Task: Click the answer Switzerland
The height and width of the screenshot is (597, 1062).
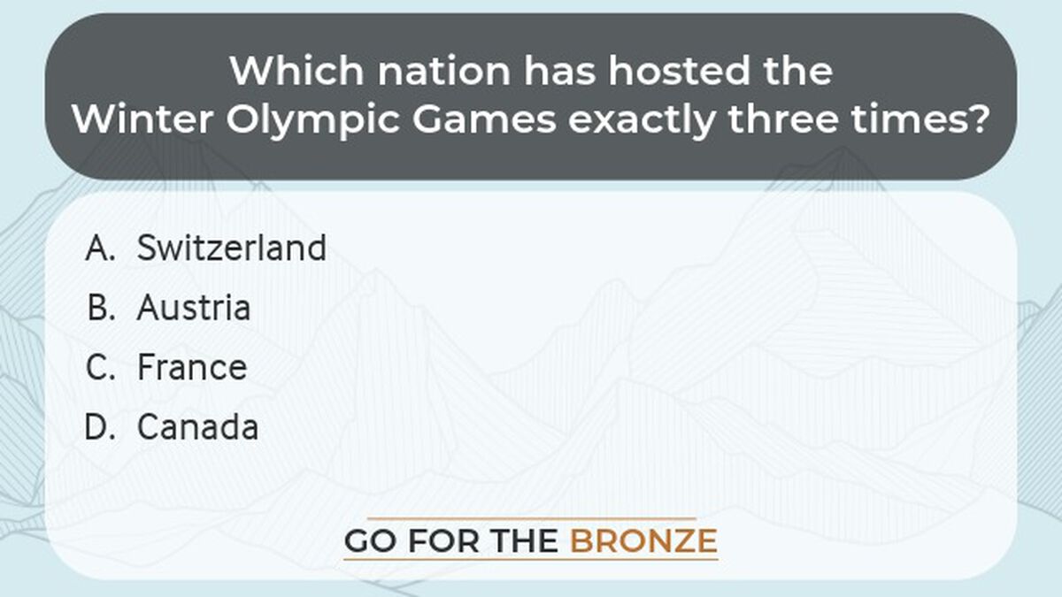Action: (x=231, y=249)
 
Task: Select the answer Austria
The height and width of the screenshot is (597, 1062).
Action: (x=194, y=308)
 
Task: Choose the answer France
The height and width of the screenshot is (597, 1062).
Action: (x=192, y=367)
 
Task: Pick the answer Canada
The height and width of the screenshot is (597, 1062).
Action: (x=197, y=427)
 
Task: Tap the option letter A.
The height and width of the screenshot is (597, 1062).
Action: (x=101, y=249)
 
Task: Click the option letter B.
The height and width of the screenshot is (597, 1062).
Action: (x=102, y=308)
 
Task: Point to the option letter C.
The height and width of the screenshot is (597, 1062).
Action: (x=101, y=367)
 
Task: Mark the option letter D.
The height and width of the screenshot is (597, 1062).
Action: (x=101, y=427)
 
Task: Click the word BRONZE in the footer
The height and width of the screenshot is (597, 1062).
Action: (x=643, y=540)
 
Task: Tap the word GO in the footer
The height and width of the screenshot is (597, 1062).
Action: (x=368, y=540)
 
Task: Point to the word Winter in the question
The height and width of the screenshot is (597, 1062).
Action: (x=137, y=119)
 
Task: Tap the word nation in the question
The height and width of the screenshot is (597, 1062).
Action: (x=426, y=70)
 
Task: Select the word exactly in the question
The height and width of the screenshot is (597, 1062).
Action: (x=641, y=119)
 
